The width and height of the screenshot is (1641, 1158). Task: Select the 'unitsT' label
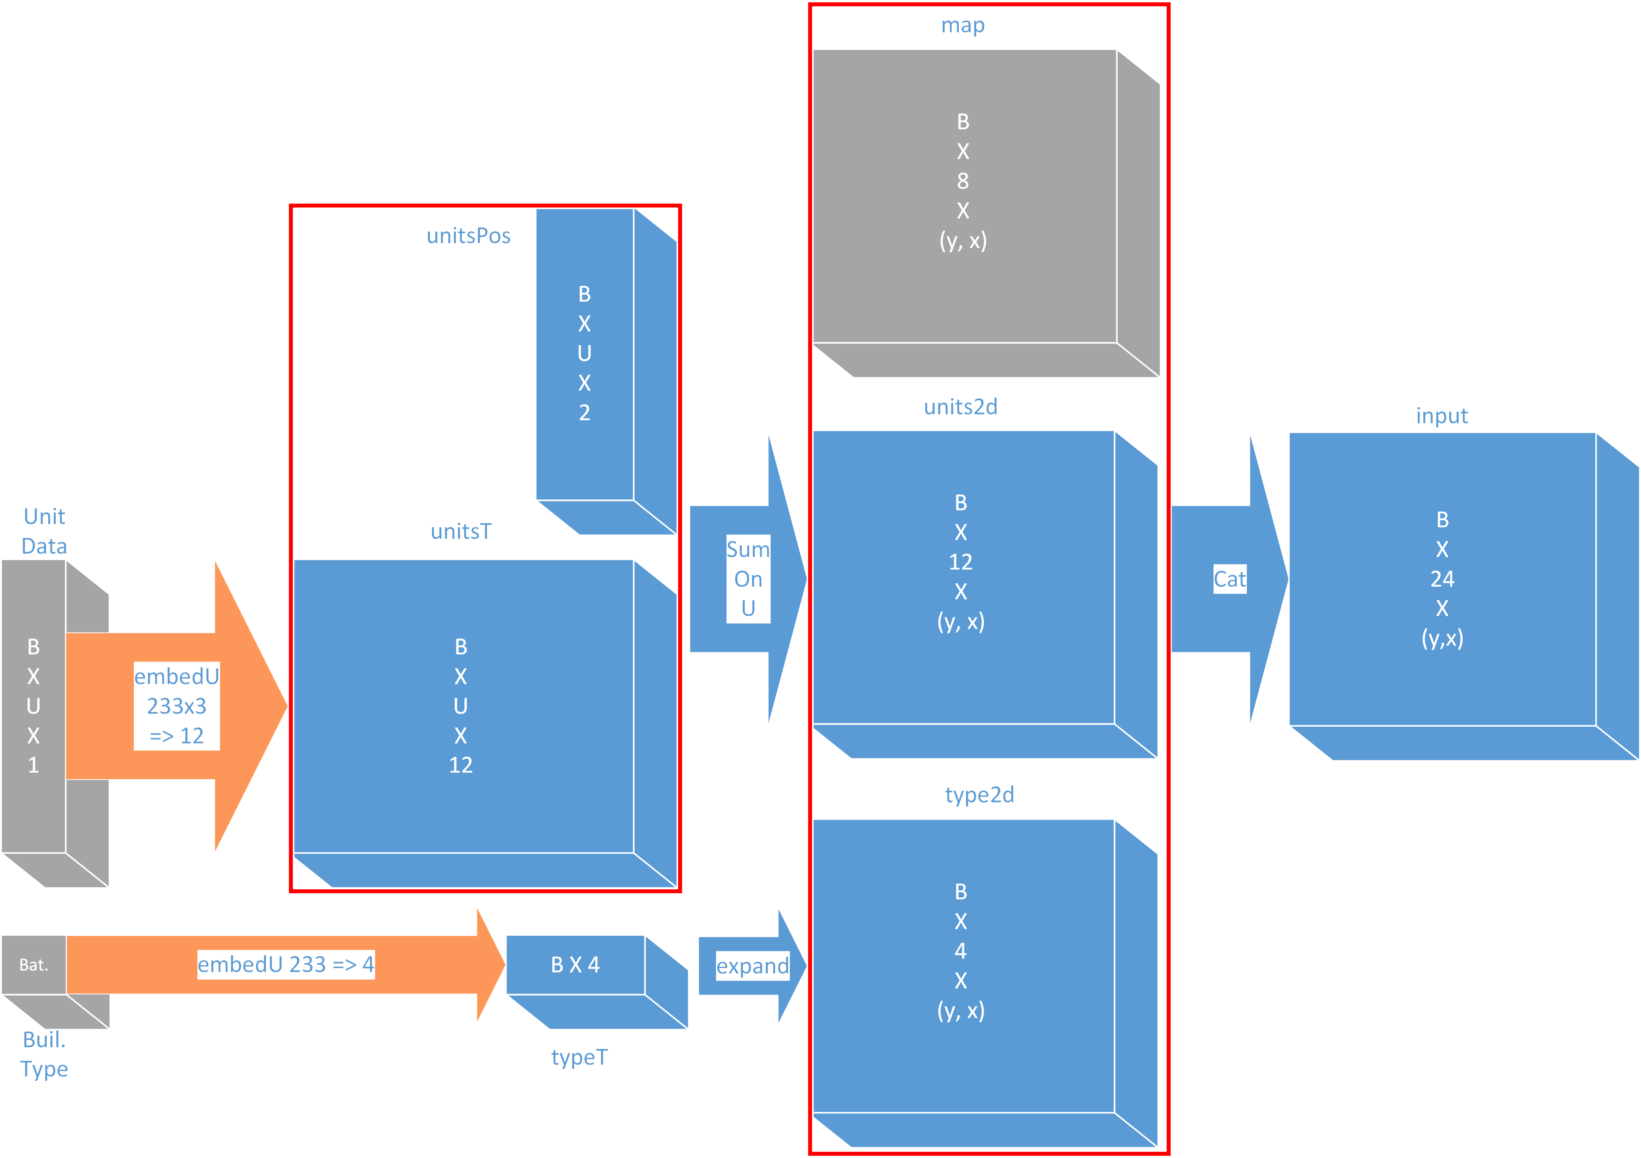pyautogui.click(x=461, y=531)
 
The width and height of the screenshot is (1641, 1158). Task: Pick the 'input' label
pyautogui.click(x=1441, y=416)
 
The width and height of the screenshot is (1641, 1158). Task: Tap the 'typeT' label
pyautogui.click(x=579, y=1057)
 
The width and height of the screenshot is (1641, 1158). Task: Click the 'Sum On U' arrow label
pyautogui.click(x=748, y=579)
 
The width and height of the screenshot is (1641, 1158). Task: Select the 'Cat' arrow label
pyautogui.click(x=1229, y=579)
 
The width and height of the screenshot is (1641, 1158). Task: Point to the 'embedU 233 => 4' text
pyautogui.click(x=286, y=965)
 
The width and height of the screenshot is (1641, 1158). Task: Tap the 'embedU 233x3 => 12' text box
pyautogui.click(x=177, y=706)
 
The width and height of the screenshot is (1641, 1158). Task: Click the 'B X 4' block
pyautogui.click(x=575, y=965)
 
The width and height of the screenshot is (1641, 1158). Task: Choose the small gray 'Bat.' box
pyautogui.click(x=34, y=965)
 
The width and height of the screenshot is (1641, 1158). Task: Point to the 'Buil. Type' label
pyautogui.click(x=44, y=1054)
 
